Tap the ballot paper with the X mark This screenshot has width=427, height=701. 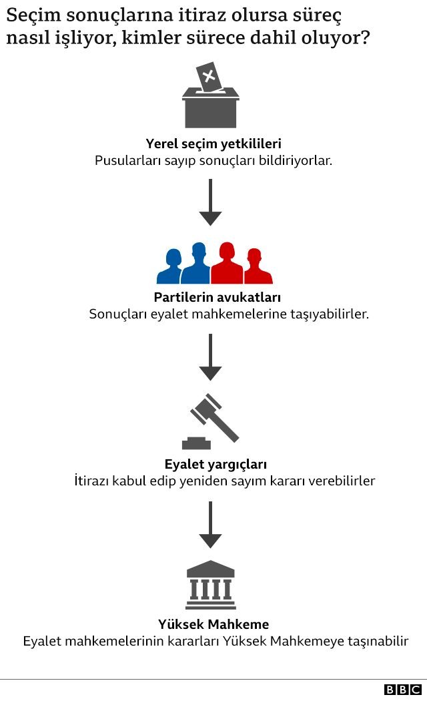208,77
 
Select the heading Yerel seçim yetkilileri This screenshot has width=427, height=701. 213,144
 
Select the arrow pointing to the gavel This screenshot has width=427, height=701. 210,357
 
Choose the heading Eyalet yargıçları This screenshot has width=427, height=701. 216,464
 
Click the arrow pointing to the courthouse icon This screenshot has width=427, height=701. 210,525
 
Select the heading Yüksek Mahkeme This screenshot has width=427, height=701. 213,625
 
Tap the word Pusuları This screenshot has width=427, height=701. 120,161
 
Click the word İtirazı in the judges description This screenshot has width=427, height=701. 92,481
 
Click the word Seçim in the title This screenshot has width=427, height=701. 33,15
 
